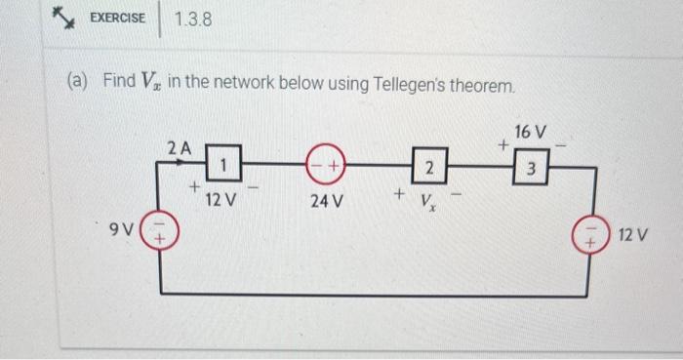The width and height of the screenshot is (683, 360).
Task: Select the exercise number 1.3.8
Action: point(193,19)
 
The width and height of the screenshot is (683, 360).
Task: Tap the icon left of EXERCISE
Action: point(64,17)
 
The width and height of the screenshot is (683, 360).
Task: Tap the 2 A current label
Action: point(180,148)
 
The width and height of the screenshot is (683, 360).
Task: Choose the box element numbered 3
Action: point(531,167)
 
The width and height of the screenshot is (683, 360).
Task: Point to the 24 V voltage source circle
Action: point(325,167)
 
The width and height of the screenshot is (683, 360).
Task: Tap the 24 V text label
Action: point(326,202)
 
